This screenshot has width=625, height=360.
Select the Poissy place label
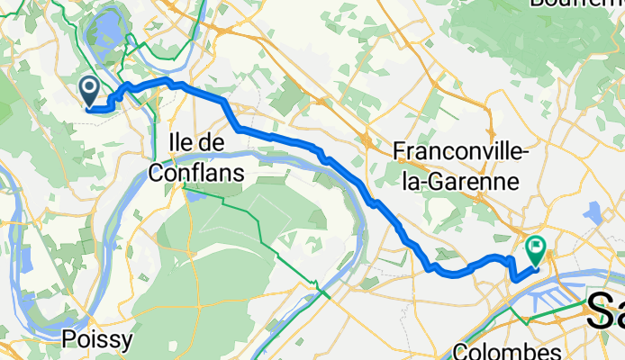pyautogui.click(x=99, y=339)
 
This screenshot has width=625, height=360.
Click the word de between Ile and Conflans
pyautogui.click(x=213, y=142)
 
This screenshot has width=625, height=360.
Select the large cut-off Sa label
pyautogui.click(x=605, y=312)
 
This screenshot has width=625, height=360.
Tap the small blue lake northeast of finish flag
pyautogui.click(x=593, y=212)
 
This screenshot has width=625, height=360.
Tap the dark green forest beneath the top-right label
pyautogui.click(x=540, y=36)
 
